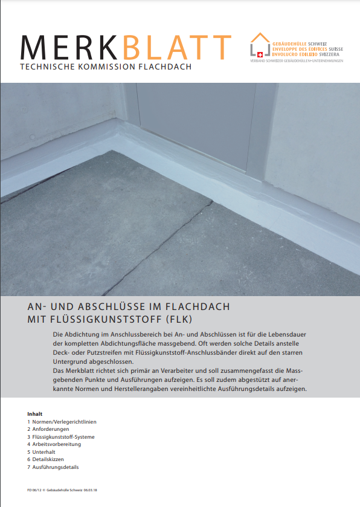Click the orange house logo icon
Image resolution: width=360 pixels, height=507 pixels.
coord(260,45)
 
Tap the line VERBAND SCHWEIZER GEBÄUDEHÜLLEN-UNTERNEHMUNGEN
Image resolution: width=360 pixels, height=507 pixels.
coord(297,61)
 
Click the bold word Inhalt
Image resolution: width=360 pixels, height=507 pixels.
coord(34,414)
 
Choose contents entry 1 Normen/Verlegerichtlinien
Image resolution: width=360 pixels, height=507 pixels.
coord(62,422)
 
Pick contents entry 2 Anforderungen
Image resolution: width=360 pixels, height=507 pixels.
coord(50,429)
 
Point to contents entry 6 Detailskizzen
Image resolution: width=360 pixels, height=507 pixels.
coord(48,459)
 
